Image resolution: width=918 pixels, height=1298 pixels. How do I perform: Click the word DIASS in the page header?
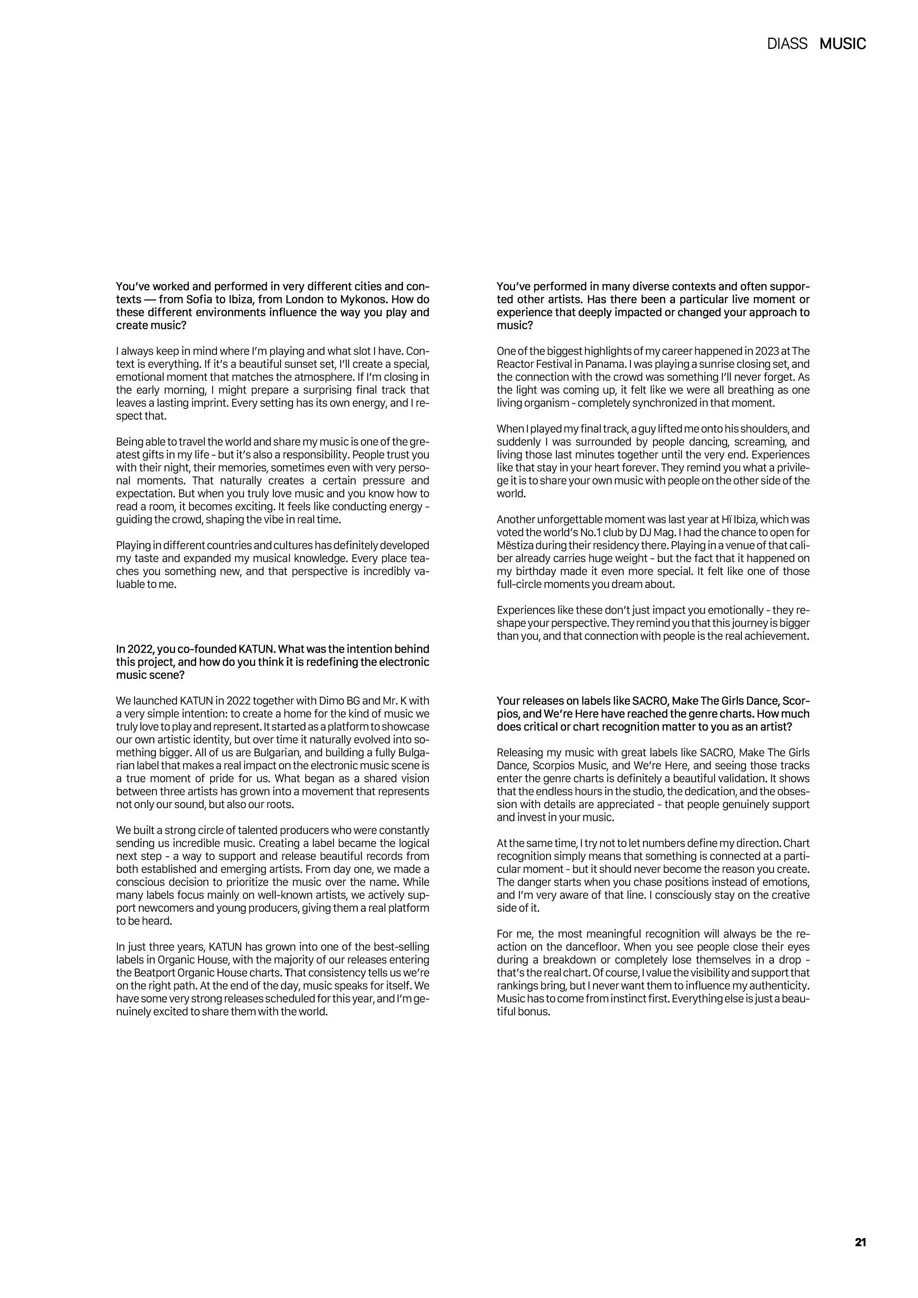click(787, 44)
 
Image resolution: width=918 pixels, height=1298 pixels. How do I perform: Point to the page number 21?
click(860, 1242)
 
